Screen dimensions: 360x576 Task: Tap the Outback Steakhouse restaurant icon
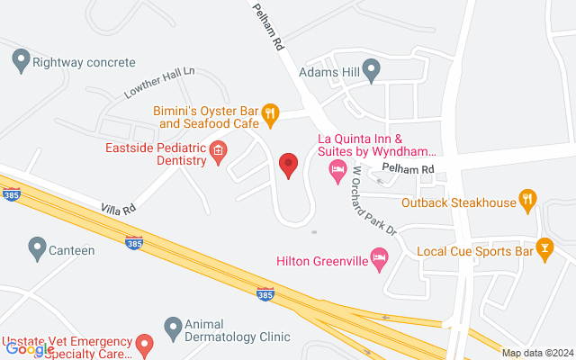529,202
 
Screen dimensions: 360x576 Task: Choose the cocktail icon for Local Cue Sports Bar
544,247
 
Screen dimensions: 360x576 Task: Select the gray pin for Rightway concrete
20,62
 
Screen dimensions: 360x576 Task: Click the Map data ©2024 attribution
536,353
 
